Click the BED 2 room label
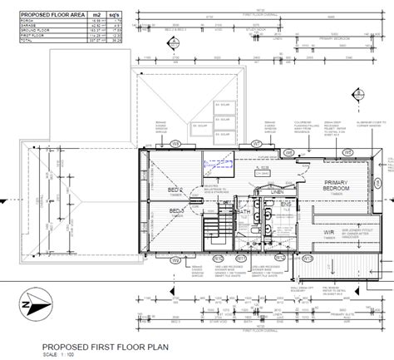point(176,190)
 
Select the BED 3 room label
point(176,212)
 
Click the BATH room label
point(244,213)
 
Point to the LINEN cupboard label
point(277,190)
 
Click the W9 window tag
point(175,144)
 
